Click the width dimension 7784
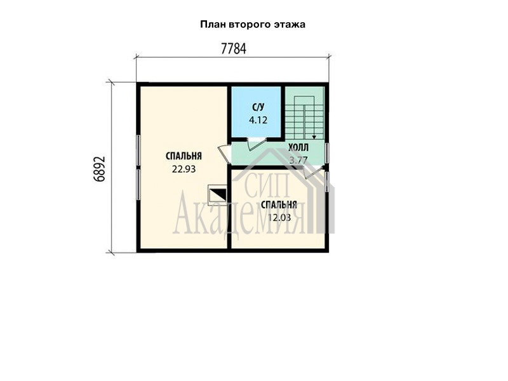coord(233,49)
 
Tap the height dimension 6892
coord(100,169)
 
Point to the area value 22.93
coord(184,169)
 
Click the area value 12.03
coord(279,218)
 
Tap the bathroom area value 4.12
coord(258,120)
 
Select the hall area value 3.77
coord(298,160)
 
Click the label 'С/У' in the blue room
coord(258,107)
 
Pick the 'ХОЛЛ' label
coord(298,148)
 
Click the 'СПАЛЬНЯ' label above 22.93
coord(184,156)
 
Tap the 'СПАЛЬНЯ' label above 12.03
coord(279,204)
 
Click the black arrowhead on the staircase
coord(314,137)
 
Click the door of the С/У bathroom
coord(257,144)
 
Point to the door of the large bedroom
coord(224,154)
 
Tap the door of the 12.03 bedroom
coord(313,171)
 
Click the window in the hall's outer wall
coord(327,153)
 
